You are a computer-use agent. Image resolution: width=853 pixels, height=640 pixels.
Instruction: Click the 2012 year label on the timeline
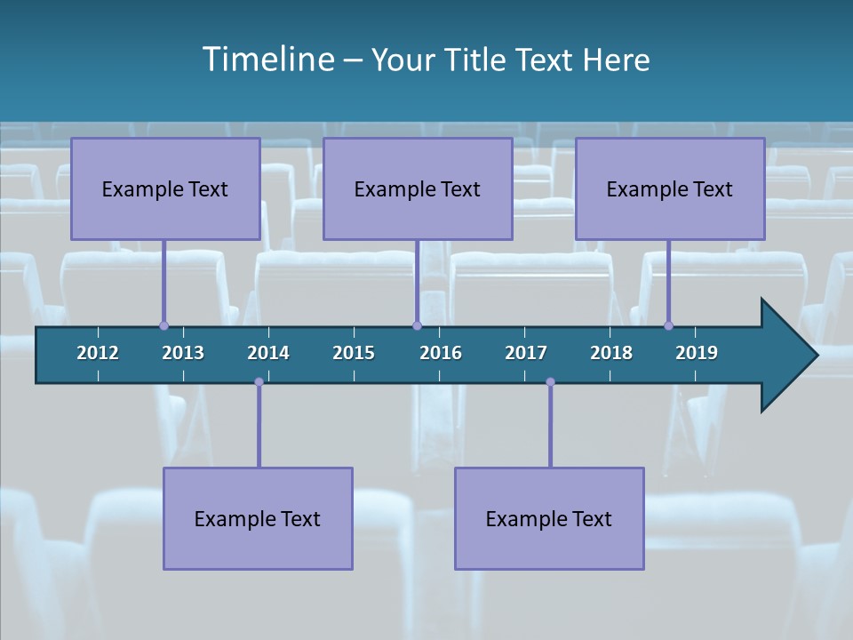click(x=98, y=353)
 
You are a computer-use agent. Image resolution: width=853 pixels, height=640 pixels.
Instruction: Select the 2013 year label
click(x=183, y=353)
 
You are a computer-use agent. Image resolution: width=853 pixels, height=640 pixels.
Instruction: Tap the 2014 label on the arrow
click(x=268, y=353)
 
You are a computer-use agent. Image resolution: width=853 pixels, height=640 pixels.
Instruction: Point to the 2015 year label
click(x=354, y=353)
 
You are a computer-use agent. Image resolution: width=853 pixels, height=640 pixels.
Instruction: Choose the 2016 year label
click(x=441, y=353)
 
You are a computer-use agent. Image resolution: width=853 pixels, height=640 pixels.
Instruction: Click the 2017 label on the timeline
click(x=526, y=353)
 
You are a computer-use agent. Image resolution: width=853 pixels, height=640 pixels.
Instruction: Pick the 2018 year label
click(x=611, y=353)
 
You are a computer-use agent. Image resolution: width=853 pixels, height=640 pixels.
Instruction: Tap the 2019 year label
click(x=697, y=353)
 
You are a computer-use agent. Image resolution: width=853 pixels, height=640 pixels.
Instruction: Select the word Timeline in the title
click(x=267, y=60)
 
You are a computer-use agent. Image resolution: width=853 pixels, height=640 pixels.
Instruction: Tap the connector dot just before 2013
click(x=163, y=326)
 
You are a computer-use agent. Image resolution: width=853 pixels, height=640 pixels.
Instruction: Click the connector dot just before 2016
click(x=417, y=326)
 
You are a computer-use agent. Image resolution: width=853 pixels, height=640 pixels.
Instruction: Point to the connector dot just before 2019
click(x=669, y=326)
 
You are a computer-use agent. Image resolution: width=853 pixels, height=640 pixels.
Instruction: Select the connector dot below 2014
click(x=259, y=382)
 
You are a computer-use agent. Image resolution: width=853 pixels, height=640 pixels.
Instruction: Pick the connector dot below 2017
click(x=550, y=382)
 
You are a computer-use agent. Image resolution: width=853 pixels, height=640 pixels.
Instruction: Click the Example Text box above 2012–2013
click(x=165, y=188)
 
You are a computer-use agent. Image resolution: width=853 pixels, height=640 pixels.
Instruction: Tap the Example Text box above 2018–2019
click(x=670, y=188)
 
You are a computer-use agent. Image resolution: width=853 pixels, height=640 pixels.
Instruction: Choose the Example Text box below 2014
click(x=258, y=518)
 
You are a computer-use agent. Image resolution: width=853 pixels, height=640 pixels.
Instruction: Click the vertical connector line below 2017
click(x=550, y=427)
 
